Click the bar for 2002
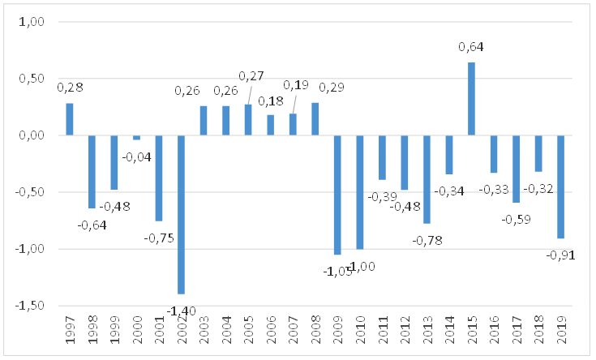pyautogui.click(x=181, y=214)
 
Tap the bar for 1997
pyautogui.click(x=70, y=119)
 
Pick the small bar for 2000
pyautogui.click(x=136, y=138)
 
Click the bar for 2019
pyautogui.click(x=560, y=186)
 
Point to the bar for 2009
pyautogui.click(x=337, y=195)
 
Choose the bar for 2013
pyautogui.click(x=427, y=179)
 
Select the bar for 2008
pyautogui.click(x=315, y=119)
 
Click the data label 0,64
pyautogui.click(x=471, y=47)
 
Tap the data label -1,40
pyautogui.click(x=180, y=310)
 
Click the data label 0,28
pyautogui.click(x=70, y=87)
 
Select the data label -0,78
pyautogui.click(x=427, y=240)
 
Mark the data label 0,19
pyautogui.click(x=294, y=85)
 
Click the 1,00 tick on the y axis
pyautogui.click(x=29, y=23)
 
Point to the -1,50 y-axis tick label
pyautogui.click(x=27, y=306)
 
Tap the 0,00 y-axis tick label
pyautogui.click(x=29, y=135)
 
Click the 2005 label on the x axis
pyautogui.click(x=248, y=330)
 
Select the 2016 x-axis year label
pyautogui.click(x=493, y=330)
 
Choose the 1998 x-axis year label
pyautogui.click(x=92, y=330)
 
